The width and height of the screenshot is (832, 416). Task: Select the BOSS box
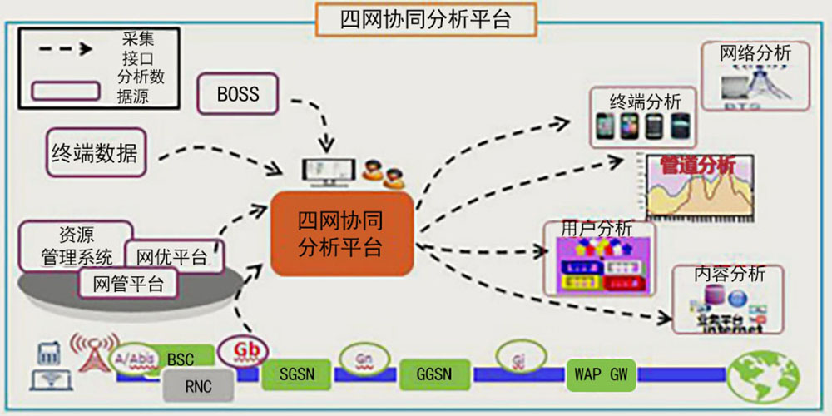(238, 94)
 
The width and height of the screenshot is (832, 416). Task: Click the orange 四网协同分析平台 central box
(341, 234)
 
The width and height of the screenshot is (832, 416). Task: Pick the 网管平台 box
(129, 284)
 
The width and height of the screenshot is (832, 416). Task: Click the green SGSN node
(297, 374)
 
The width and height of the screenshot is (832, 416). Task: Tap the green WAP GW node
(602, 374)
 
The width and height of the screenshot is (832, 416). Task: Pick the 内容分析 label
(729, 275)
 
